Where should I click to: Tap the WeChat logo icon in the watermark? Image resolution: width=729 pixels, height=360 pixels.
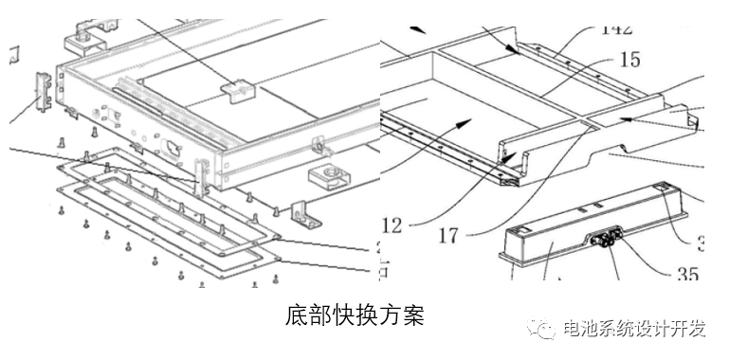pyautogui.click(x=544, y=329)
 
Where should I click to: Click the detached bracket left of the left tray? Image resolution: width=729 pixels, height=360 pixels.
pyautogui.click(x=44, y=92)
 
